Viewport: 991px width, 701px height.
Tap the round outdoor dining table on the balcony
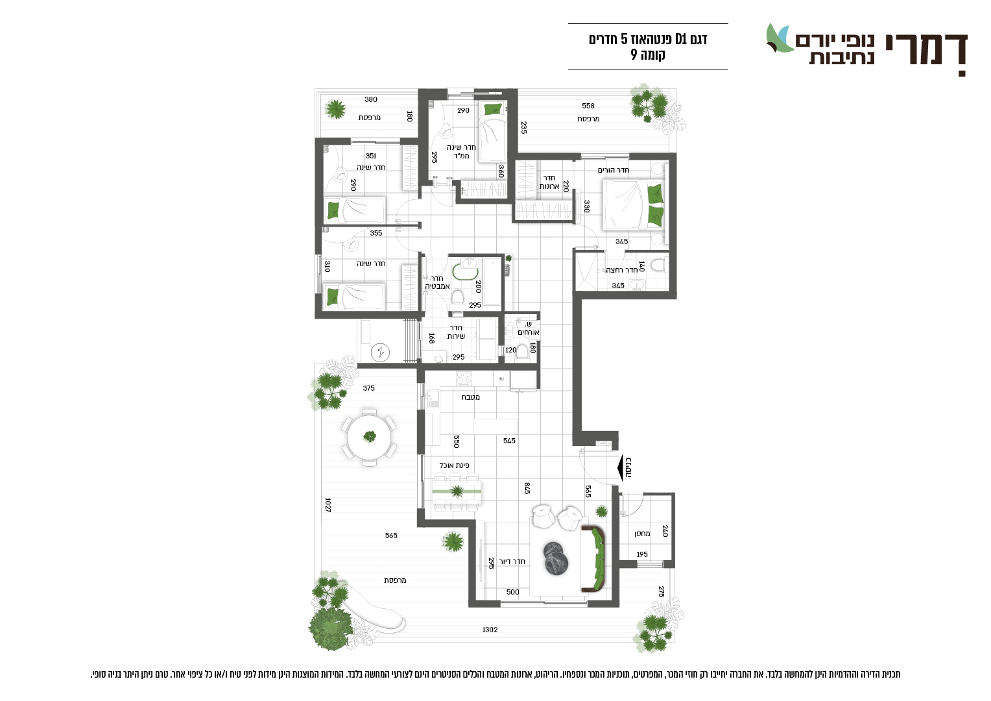(x=369, y=437)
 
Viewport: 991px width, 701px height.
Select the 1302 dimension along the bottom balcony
(x=490, y=629)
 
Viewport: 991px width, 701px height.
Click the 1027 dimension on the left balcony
(x=328, y=505)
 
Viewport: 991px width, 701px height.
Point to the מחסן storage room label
(x=642, y=534)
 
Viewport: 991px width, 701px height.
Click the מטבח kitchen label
(x=471, y=397)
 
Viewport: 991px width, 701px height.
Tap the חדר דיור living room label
(x=512, y=561)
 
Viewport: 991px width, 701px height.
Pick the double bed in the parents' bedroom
(x=634, y=204)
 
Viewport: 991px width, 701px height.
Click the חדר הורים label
(x=614, y=170)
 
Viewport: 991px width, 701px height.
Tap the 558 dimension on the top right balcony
(x=588, y=106)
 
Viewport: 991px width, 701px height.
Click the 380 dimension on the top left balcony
(x=371, y=100)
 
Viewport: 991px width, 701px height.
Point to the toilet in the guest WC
(x=523, y=350)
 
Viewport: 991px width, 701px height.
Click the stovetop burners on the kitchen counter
(x=464, y=378)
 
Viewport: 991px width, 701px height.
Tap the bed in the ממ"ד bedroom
(x=492, y=132)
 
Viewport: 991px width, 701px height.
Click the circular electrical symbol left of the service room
(x=380, y=352)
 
